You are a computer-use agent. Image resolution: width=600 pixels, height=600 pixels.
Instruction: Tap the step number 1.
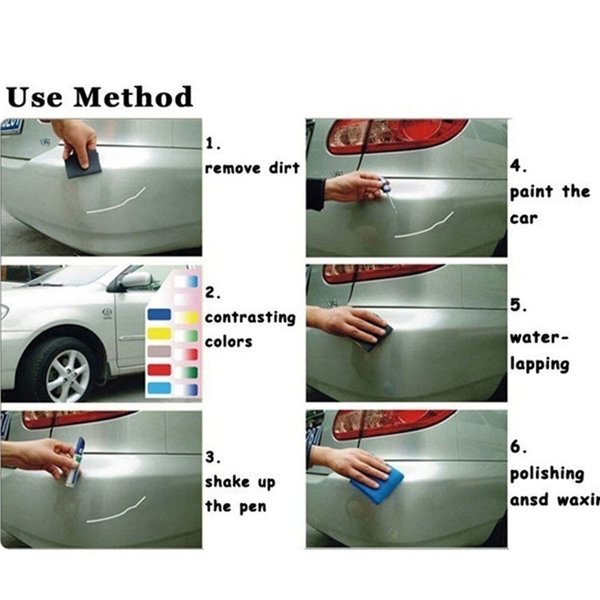tap(213, 143)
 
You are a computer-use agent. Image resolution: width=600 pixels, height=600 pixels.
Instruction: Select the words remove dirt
tap(252, 168)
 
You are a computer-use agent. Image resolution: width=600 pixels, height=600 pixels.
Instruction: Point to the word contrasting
tap(250, 317)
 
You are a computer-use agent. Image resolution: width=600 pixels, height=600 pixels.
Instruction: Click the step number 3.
tap(213, 457)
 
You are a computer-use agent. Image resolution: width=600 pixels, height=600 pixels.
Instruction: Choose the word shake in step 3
tap(227, 481)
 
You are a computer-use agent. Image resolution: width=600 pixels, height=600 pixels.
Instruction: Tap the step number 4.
tap(518, 166)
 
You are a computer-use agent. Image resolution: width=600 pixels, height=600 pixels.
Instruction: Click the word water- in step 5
tap(539, 338)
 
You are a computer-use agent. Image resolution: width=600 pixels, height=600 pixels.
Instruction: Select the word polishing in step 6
tap(547, 475)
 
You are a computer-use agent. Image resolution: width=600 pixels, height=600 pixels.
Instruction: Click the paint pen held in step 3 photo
tap(76, 462)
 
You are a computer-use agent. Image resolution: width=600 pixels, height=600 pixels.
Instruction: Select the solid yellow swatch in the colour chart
tap(159, 333)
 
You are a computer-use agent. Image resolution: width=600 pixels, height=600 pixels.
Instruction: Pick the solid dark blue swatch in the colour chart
tap(159, 314)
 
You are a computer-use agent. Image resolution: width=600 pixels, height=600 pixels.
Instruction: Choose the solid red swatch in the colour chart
tap(159, 370)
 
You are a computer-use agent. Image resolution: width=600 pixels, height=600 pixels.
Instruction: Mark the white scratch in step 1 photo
tap(116, 202)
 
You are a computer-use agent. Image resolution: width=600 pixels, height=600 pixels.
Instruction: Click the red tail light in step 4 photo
tap(398, 136)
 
